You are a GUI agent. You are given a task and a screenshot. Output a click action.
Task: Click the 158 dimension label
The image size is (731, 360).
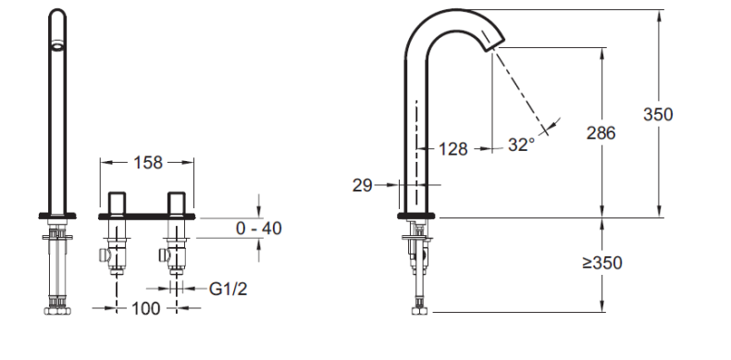148,163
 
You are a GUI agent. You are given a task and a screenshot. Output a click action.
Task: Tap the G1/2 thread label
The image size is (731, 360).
228,289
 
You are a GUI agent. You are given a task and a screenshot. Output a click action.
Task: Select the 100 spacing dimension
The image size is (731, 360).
145,308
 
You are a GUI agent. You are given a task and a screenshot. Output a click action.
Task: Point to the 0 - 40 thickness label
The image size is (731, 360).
259,229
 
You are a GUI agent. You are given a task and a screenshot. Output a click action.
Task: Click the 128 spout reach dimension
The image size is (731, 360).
452,149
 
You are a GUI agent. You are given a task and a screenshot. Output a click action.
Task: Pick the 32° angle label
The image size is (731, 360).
521,145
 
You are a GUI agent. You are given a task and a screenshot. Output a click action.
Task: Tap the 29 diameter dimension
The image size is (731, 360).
362,186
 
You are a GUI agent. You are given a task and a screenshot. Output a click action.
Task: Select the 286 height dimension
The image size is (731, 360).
601,133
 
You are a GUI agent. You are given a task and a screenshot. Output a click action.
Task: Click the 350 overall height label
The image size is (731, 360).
658,114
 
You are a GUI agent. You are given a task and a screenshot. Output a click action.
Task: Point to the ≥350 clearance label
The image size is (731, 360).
602,263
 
